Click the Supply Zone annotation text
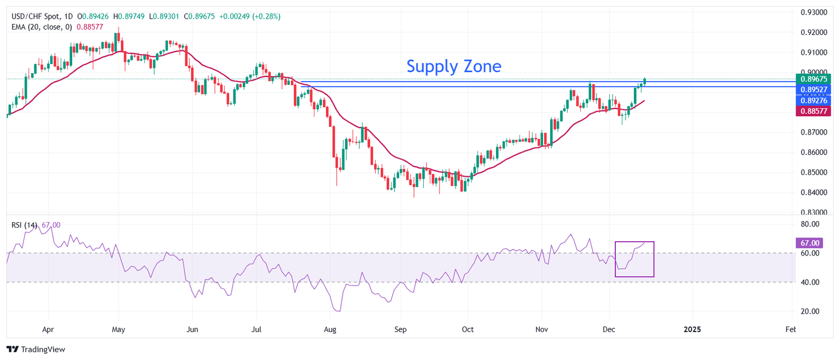tap(453, 66)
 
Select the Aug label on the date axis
tap(330, 330)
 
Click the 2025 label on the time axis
tap(692, 330)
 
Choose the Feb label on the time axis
tap(790, 330)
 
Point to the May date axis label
tap(118, 330)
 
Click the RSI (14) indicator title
tap(24, 225)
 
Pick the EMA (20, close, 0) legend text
tap(46, 26)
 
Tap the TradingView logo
tap(36, 349)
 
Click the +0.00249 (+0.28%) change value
tap(249, 16)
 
